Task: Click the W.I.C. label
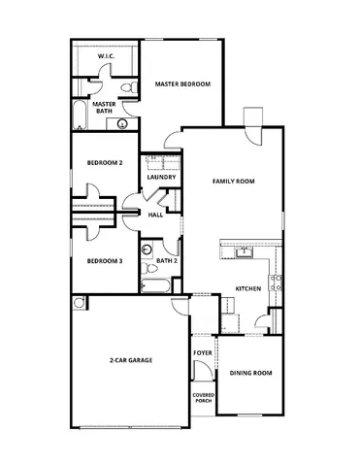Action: pyautogui.click(x=107, y=57)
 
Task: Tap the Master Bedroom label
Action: pyautogui.click(x=182, y=84)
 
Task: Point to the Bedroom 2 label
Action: pyautogui.click(x=104, y=163)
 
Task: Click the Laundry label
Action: pyautogui.click(x=160, y=178)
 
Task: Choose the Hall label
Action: pyautogui.click(x=155, y=215)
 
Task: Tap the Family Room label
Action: pyautogui.click(x=233, y=182)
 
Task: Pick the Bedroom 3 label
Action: pyautogui.click(x=104, y=260)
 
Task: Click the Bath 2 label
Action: pyautogui.click(x=166, y=260)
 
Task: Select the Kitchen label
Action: pyautogui.click(x=248, y=290)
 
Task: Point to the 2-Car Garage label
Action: pyautogui.click(x=130, y=360)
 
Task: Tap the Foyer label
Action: pyautogui.click(x=202, y=352)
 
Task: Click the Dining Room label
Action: pyautogui.click(x=249, y=373)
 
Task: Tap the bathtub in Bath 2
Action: pyautogui.click(x=155, y=285)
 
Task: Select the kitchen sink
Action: pyautogui.click(x=245, y=254)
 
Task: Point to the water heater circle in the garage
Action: pyautogui.click(x=78, y=303)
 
